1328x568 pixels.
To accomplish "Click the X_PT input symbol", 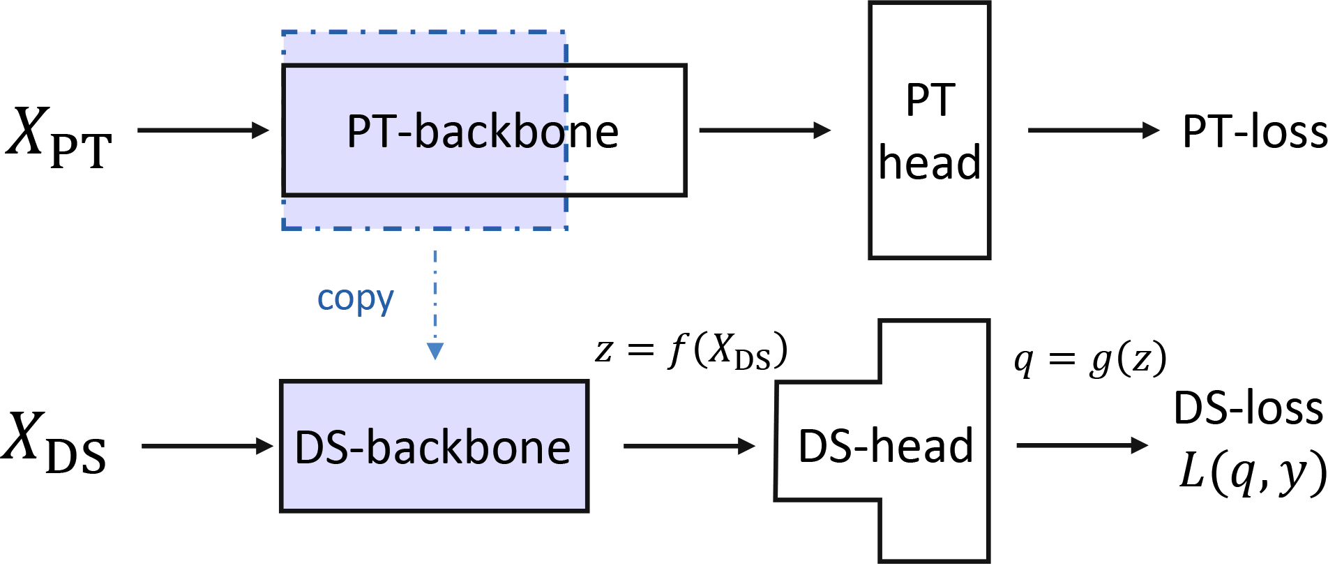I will click(59, 136).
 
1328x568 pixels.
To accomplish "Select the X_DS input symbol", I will click(54, 444).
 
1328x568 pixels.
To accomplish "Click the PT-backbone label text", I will click(483, 131).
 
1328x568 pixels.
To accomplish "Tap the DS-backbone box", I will click(434, 447).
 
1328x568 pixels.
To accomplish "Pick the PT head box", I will click(929, 130).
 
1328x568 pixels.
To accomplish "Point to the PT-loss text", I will click(1254, 131).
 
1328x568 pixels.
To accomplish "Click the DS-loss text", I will click(1248, 408).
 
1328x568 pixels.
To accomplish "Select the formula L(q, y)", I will click(1252, 472).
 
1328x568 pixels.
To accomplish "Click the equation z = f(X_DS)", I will click(691, 350).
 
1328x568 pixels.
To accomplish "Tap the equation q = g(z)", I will click(1089, 361).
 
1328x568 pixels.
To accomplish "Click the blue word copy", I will click(355, 299).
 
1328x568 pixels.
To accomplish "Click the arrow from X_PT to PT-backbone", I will click(203, 130).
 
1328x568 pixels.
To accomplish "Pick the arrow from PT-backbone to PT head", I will click(764, 130).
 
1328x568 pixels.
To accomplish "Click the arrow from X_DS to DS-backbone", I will click(206, 446).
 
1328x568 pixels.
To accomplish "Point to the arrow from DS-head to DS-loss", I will click(1082, 445).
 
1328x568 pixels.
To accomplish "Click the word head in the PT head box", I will click(929, 163).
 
